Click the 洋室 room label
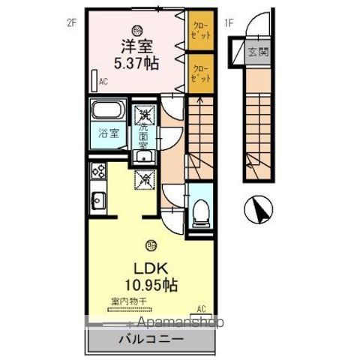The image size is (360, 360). pos(134,45)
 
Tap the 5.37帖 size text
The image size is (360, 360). pos(135,63)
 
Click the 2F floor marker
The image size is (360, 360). pos(71,22)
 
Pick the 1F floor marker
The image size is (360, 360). pos(229,22)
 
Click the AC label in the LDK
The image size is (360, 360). pos(201,308)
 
